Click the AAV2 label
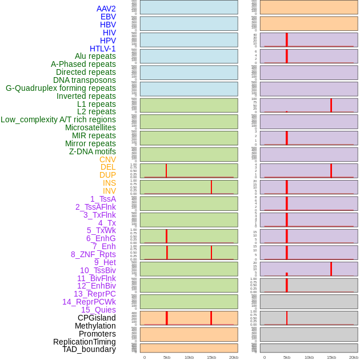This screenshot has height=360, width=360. point(106,9)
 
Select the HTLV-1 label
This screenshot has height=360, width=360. point(102,49)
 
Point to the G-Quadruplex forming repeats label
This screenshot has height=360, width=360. point(61,88)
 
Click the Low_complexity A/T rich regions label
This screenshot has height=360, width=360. point(58,119)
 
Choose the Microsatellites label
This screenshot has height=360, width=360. point(90,127)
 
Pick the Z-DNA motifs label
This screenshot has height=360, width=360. point(92,151)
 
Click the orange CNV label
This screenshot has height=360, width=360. point(107,159)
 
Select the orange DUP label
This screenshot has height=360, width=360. point(107,175)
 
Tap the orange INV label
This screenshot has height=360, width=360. point(109,191)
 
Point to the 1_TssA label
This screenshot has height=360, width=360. point(103,199)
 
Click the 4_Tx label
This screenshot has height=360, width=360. point(107,223)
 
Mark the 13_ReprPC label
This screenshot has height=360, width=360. point(94,294)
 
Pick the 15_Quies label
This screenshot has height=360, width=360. point(98,310)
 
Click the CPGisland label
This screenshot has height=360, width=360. point(97,318)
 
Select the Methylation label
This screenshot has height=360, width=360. point(95,326)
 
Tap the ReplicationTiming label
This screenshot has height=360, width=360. point(85,342)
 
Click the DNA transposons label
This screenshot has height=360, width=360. point(85,80)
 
